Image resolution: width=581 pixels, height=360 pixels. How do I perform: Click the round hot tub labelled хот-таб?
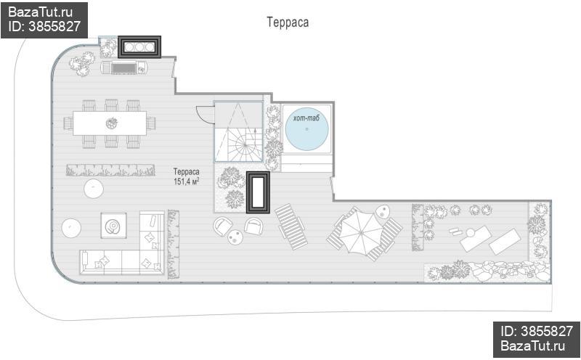306,128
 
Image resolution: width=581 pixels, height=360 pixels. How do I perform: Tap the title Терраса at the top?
288,22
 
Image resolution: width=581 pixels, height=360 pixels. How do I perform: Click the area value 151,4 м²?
187,181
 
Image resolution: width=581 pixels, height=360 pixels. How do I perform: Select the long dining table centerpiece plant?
112,123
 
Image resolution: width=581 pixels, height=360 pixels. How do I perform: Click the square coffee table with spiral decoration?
113,226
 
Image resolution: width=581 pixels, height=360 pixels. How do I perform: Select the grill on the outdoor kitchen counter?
124,68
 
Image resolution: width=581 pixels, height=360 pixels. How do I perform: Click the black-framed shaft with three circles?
139,47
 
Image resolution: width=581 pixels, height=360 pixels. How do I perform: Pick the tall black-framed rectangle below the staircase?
259,192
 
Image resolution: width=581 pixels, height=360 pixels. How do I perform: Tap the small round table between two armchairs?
235,237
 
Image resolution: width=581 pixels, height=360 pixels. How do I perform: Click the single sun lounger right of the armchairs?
291,226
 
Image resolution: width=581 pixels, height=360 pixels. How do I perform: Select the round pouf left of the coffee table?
71,228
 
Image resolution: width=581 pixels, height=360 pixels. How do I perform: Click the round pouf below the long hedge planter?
94,189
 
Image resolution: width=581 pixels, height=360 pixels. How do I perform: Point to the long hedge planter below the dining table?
111,170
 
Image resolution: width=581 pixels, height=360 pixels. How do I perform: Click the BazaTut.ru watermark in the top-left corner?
41,12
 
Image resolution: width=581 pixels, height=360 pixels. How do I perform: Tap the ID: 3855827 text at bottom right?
537,331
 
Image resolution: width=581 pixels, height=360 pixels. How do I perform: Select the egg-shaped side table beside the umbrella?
383,212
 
